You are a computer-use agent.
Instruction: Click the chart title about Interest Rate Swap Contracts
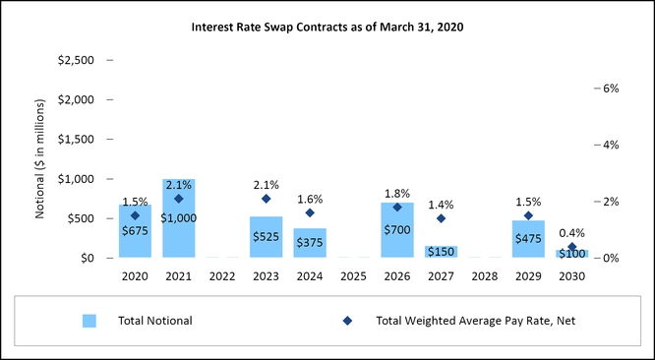tap(327, 27)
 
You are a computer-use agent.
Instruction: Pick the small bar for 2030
tap(571, 254)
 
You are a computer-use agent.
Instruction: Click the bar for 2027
tap(441, 252)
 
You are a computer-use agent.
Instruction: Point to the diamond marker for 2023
tap(266, 199)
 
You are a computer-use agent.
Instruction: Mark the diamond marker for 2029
tap(528, 215)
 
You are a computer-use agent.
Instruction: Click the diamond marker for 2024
tap(310, 212)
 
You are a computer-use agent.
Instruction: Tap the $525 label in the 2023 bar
tap(266, 237)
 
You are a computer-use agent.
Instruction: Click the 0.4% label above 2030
tap(571, 233)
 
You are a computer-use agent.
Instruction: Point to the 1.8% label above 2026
tap(396, 193)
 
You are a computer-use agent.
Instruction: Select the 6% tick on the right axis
tap(609, 88)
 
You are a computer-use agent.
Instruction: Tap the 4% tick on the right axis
tap(609, 145)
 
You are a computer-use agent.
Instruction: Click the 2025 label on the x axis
tap(353, 275)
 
